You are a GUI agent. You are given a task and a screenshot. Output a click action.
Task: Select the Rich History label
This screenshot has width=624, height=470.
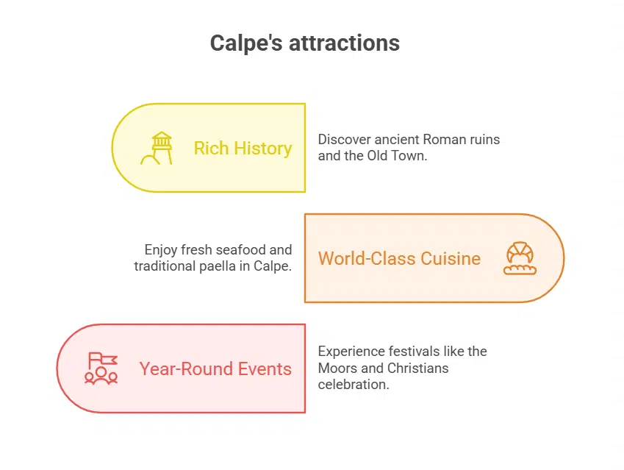pyautogui.click(x=243, y=148)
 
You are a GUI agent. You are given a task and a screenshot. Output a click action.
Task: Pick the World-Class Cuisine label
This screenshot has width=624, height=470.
pyautogui.click(x=399, y=258)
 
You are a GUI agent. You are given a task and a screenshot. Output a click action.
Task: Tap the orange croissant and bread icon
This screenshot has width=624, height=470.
pyautogui.click(x=520, y=258)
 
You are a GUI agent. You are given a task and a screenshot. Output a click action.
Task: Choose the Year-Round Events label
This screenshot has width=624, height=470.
pyautogui.click(x=215, y=368)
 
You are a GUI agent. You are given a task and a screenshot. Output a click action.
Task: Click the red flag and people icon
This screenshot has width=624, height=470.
pyautogui.click(x=101, y=368)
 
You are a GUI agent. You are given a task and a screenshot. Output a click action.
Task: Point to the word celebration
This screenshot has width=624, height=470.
pyautogui.click(x=353, y=384)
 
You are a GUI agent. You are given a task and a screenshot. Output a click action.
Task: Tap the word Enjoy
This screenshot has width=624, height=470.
pyautogui.click(x=162, y=250)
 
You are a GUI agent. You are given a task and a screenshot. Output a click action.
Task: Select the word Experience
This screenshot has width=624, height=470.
pyautogui.click(x=348, y=352)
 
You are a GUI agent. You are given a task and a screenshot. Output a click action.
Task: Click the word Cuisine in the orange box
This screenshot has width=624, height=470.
pyautogui.click(x=451, y=258)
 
